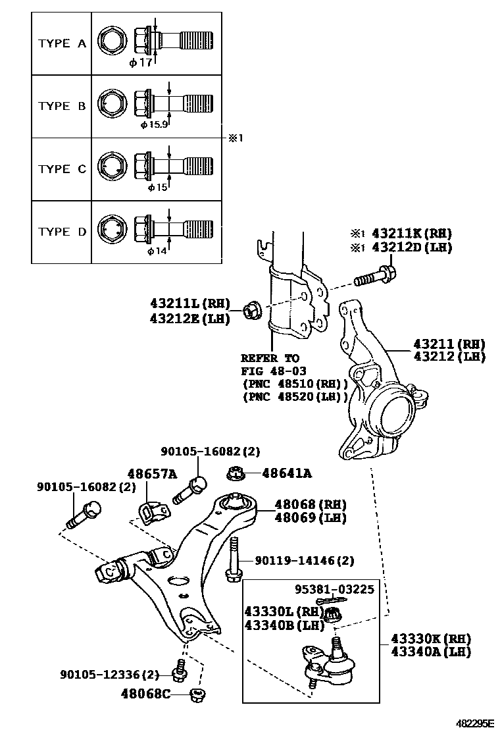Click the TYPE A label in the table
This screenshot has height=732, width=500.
click(x=62, y=43)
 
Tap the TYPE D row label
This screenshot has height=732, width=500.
click(x=62, y=232)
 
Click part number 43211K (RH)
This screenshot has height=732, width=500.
click(x=412, y=234)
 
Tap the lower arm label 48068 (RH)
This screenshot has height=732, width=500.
click(x=311, y=504)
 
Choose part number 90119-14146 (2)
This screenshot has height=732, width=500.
click(x=304, y=560)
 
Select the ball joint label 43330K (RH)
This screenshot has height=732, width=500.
click(x=430, y=638)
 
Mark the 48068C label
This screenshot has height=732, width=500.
click(x=147, y=693)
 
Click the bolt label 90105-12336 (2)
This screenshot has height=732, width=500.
click(x=109, y=674)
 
